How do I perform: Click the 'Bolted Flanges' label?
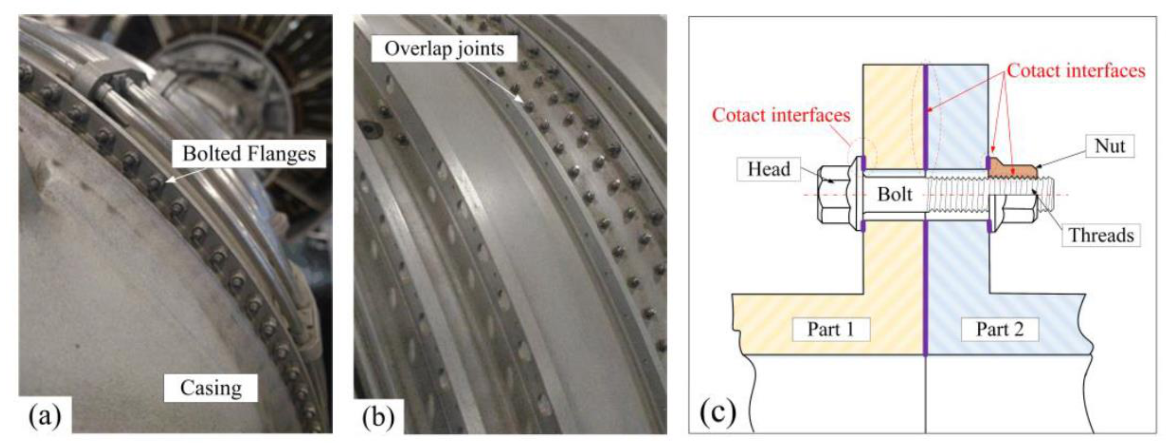(249, 154)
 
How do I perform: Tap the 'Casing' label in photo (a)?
(211, 388)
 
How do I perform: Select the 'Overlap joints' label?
(444, 49)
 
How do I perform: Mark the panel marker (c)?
(718, 412)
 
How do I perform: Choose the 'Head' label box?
(769, 169)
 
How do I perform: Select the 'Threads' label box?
(1101, 235)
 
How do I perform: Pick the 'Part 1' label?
(830, 329)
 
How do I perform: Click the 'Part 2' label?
(1000, 329)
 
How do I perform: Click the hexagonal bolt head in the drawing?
(834, 195)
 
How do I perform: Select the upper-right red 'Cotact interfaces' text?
(1076, 71)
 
